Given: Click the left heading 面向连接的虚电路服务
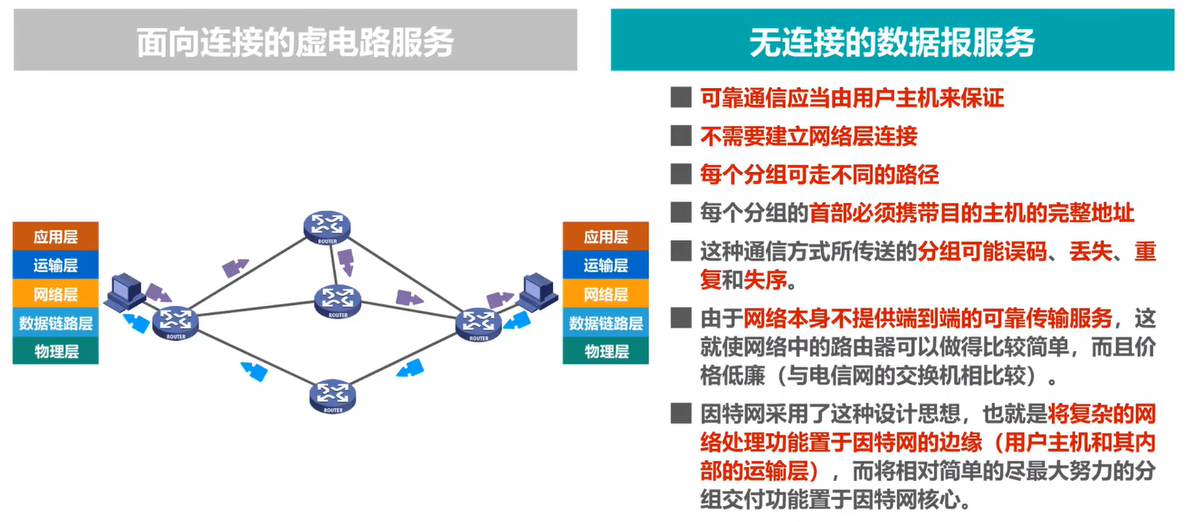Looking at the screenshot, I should tap(295, 43).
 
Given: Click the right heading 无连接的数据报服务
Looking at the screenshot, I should tap(892, 43).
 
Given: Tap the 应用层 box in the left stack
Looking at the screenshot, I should tap(55, 236).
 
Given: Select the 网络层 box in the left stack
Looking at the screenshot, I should tap(55, 294).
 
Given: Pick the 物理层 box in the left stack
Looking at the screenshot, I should tap(55, 351).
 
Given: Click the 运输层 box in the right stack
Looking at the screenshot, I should tap(605, 265).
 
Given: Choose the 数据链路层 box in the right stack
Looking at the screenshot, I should tap(605, 323).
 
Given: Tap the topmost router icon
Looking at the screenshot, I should tap(327, 226).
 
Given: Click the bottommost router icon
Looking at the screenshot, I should tap(333, 396).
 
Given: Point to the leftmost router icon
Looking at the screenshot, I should tap(176, 323).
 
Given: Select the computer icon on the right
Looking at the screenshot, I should tap(539, 290).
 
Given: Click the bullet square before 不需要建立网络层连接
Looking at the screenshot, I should tap(679, 136).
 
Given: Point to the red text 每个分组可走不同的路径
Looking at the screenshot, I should tap(819, 175).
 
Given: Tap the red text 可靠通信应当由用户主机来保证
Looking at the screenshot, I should tap(852, 97).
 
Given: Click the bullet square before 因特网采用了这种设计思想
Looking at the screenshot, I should tap(679, 415).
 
